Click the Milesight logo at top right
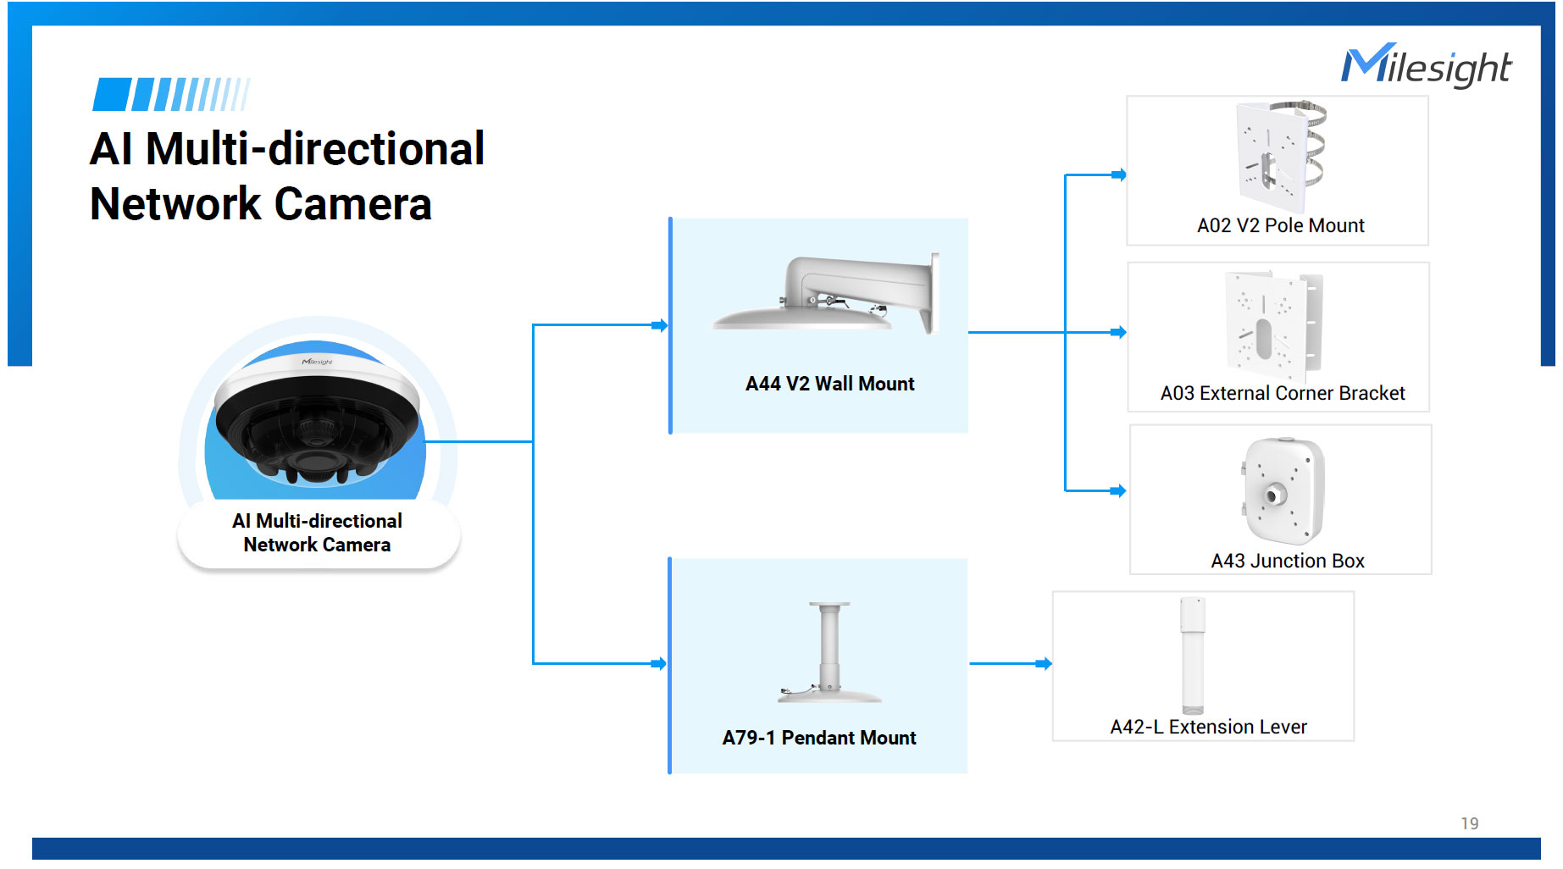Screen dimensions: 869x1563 pos(1426,66)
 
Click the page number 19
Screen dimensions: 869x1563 pos(1469,823)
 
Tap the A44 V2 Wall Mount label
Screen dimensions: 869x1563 pos(829,384)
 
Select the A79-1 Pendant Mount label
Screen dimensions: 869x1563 pos(818,738)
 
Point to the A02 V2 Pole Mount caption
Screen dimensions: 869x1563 pos(1280,225)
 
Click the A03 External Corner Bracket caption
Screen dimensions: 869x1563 pos(1282,393)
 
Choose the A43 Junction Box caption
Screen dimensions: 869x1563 pos(1287,561)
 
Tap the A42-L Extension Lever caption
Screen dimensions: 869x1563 pos(1208,727)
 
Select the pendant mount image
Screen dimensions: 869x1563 pos(829,652)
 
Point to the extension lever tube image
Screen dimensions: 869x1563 pos(1192,655)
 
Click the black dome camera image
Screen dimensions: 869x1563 pos(317,419)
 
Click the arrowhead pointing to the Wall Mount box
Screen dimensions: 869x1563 pos(661,325)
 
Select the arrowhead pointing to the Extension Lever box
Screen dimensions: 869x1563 pos(1045,663)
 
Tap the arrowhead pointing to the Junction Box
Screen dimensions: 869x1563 pos(1119,490)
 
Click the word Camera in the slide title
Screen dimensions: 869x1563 pos(352,204)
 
